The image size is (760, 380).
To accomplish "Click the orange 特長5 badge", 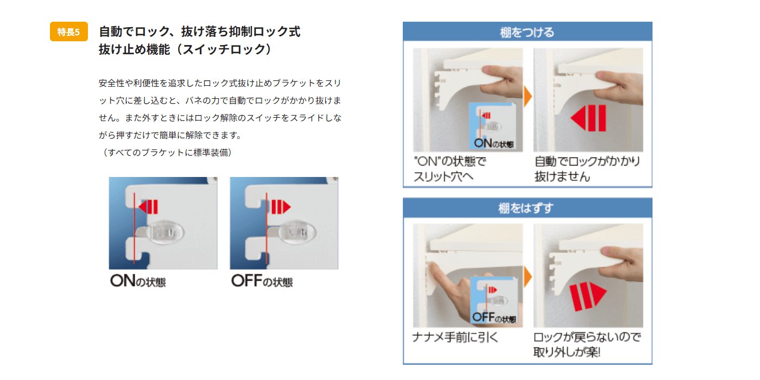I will click(x=68, y=32).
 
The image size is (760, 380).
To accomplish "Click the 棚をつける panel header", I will click(x=527, y=32).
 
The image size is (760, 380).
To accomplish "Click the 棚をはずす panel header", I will click(x=527, y=208).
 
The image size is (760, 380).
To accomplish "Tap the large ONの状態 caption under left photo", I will click(x=138, y=281).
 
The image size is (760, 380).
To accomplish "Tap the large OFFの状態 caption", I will click(x=262, y=281).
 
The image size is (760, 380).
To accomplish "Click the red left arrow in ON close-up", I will click(x=148, y=207).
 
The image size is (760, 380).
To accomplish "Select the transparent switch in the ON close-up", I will click(x=164, y=233).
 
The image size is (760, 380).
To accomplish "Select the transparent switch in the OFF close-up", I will click(x=297, y=233).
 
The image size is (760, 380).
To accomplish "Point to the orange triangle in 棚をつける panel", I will click(x=528, y=97).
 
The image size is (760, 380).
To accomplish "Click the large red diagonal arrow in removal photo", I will click(x=587, y=295).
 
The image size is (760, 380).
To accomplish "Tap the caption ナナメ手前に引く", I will click(x=455, y=337).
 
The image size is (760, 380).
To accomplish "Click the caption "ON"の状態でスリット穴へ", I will click(x=450, y=169).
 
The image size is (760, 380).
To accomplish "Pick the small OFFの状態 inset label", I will click(x=494, y=318).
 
